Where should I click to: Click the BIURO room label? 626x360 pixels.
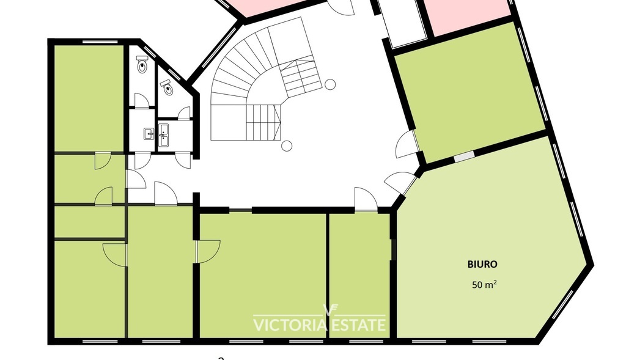[x=482, y=264]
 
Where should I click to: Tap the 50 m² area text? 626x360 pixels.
[x=484, y=285]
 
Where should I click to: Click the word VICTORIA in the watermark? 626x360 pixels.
[x=289, y=325]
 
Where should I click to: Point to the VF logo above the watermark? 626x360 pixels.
[x=331, y=310]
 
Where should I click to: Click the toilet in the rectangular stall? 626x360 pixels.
[x=142, y=64]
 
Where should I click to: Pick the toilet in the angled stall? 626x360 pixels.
[x=168, y=87]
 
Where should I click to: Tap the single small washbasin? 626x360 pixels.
[x=149, y=134]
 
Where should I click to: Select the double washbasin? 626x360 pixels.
[x=164, y=135]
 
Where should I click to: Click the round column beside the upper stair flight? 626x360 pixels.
[x=330, y=84]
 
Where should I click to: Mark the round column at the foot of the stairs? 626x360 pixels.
[x=287, y=146]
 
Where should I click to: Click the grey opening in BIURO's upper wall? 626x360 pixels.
[x=464, y=156]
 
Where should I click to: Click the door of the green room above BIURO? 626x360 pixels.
[x=407, y=144]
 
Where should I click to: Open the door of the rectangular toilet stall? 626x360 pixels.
[x=141, y=101]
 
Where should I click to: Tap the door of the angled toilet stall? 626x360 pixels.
[x=184, y=113]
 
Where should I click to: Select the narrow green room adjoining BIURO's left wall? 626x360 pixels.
[x=359, y=276]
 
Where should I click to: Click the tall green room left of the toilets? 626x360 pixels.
[x=88, y=98]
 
